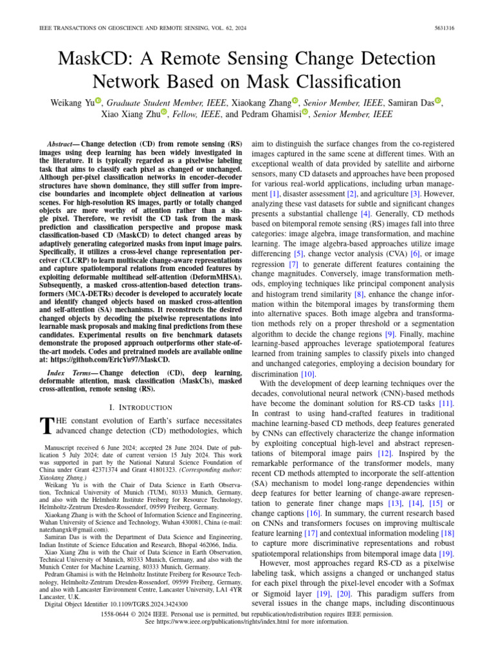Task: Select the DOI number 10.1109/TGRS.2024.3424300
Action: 142,604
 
